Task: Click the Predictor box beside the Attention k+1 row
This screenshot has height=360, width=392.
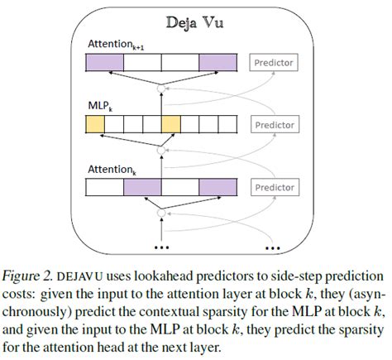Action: (275, 61)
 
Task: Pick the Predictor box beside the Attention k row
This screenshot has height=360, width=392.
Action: (275, 187)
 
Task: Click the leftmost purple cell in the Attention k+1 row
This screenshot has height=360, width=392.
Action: (105, 61)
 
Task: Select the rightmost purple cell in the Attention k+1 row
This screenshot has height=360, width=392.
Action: (218, 61)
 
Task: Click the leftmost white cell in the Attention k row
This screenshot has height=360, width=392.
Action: (105, 187)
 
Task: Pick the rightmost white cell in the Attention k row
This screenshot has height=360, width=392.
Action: (218, 187)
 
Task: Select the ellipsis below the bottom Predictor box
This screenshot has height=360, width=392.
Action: (273, 247)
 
